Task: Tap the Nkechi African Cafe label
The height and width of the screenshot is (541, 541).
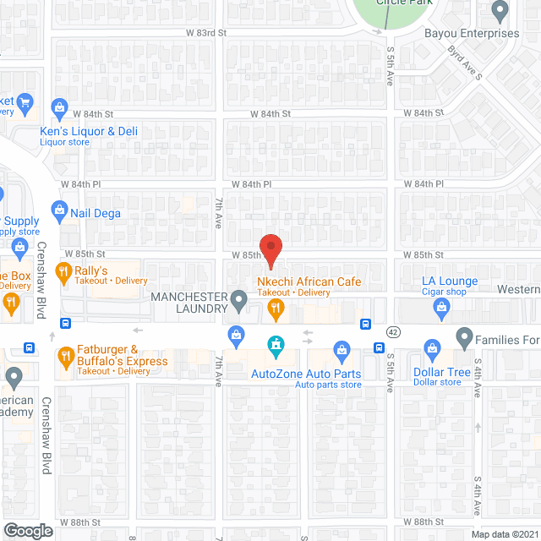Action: click(309, 281)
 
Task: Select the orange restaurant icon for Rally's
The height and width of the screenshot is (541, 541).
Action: click(63, 272)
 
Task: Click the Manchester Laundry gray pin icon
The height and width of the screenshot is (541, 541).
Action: click(239, 299)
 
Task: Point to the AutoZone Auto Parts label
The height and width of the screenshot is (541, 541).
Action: click(306, 374)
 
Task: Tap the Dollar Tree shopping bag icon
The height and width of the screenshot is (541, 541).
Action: click(431, 348)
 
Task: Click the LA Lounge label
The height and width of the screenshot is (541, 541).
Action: click(451, 281)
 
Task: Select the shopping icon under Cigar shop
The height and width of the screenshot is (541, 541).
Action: click(441, 310)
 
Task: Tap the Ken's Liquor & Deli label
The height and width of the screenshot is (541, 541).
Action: click(89, 131)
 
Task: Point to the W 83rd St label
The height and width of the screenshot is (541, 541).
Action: click(207, 33)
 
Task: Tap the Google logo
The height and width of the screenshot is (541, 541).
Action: click(27, 530)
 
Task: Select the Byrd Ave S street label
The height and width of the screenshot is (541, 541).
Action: click(464, 63)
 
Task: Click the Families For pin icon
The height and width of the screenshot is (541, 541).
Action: click(464, 338)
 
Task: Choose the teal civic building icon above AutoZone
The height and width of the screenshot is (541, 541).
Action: click(275, 344)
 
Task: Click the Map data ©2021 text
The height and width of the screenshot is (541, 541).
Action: click(503, 533)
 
